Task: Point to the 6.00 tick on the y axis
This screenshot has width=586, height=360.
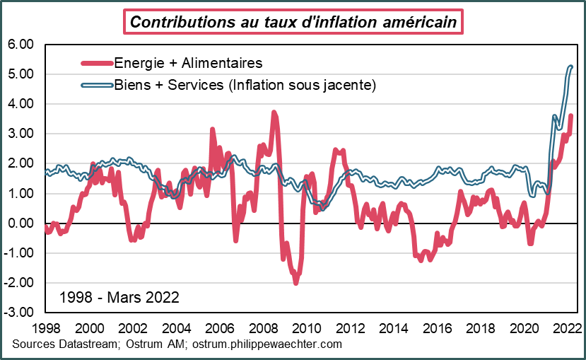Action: click(20, 45)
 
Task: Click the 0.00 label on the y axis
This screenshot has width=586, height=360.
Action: click(20, 223)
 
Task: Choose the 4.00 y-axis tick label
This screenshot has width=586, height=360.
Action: click(20, 104)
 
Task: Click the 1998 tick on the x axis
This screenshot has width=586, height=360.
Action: click(45, 329)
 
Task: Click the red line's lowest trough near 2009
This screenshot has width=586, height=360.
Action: click(295, 282)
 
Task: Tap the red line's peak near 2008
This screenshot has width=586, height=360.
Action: click(274, 113)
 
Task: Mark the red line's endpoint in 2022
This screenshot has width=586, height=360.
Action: click(571, 116)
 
